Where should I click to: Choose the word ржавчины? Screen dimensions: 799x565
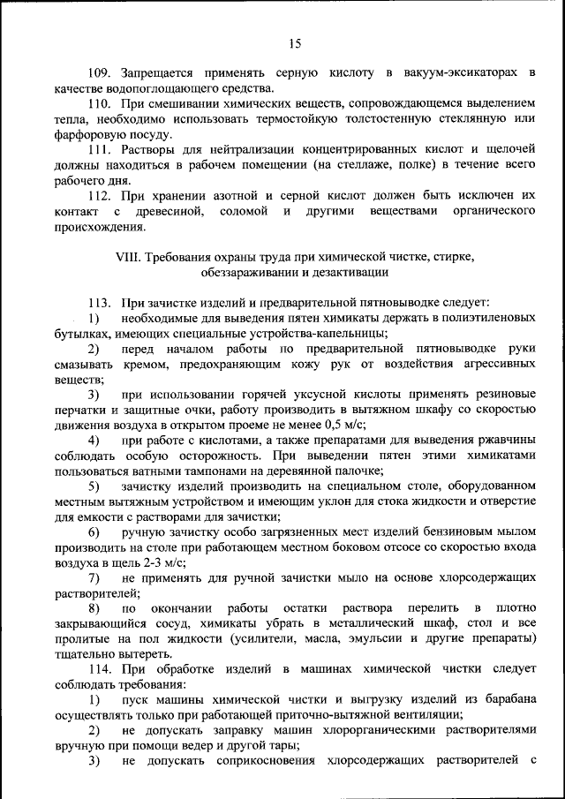pos(502,441)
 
